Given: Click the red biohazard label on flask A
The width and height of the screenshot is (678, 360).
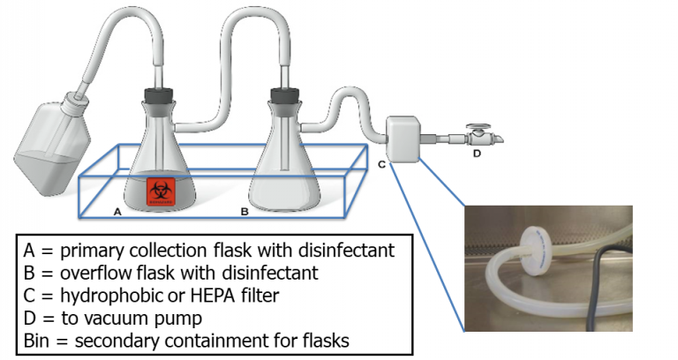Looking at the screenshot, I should (x=160, y=191).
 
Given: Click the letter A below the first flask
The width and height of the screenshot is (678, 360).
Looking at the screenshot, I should (x=118, y=213).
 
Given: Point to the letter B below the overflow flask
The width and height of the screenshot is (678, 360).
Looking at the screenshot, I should (x=245, y=213).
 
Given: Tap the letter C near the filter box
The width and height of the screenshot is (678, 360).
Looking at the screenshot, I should (x=381, y=164).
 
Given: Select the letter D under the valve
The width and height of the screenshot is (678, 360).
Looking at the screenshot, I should (x=478, y=154).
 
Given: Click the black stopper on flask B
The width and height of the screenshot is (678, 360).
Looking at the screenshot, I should (x=282, y=94).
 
